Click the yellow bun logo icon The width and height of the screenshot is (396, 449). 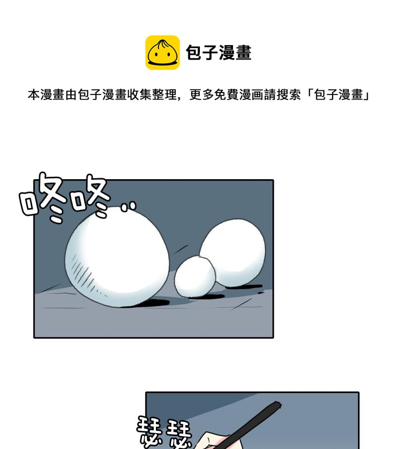[x=162, y=52]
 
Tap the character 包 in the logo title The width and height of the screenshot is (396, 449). [x=194, y=52]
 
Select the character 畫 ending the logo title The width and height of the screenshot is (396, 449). [x=244, y=52]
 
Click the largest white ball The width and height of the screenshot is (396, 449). [x=116, y=256]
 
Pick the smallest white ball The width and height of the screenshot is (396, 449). [x=195, y=276]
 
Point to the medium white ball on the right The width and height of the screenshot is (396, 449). [x=233, y=252]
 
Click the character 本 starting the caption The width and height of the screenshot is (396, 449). [x=34, y=95]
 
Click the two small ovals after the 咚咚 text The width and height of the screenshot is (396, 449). [x=128, y=207]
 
